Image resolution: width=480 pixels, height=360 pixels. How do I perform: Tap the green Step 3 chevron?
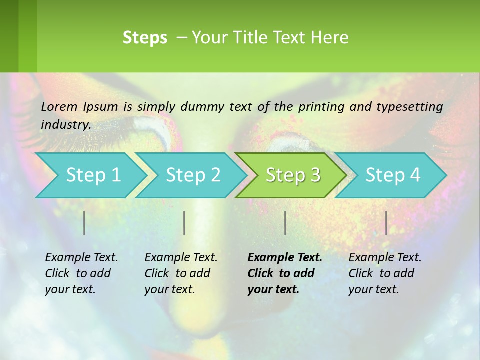[291, 175]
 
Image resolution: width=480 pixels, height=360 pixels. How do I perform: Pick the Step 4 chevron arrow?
[391, 175]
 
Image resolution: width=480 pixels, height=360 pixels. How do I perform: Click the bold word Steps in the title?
[145, 38]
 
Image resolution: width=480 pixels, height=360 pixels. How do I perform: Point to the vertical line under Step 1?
[84, 223]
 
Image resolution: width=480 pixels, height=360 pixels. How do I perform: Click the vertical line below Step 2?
[184, 223]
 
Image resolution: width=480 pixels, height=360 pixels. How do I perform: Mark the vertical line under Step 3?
[285, 223]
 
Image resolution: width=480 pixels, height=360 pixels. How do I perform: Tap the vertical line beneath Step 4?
[386, 223]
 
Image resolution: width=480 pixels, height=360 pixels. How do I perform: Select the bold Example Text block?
[284, 273]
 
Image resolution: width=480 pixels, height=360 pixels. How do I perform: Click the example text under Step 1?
[81, 273]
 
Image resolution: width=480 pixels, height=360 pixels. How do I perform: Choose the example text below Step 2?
[180, 273]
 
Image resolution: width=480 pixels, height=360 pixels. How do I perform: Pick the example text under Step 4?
[384, 273]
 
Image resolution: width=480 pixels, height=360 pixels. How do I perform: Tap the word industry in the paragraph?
[65, 125]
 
